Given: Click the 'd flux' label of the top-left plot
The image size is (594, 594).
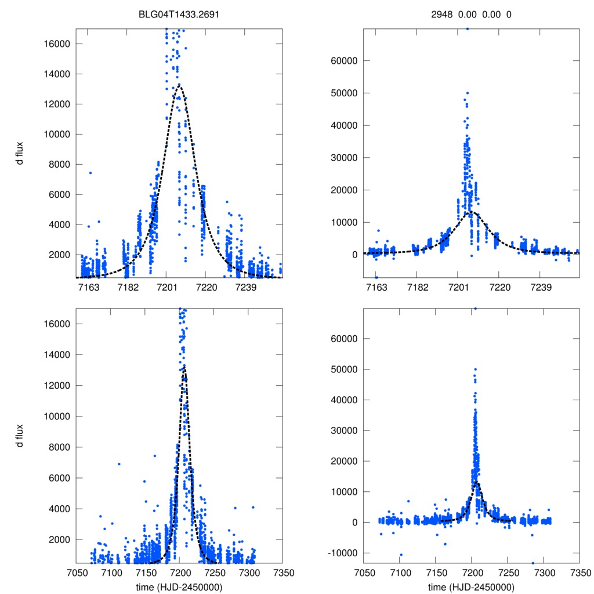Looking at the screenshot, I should tap(20, 153).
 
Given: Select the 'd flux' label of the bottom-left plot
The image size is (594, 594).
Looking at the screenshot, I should tap(20, 435).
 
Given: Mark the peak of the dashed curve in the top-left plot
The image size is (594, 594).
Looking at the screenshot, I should tap(179, 85).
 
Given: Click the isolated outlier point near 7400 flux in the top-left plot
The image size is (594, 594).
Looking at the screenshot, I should tap(90, 173).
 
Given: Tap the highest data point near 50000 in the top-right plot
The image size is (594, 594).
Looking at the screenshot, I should tap(467, 93).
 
